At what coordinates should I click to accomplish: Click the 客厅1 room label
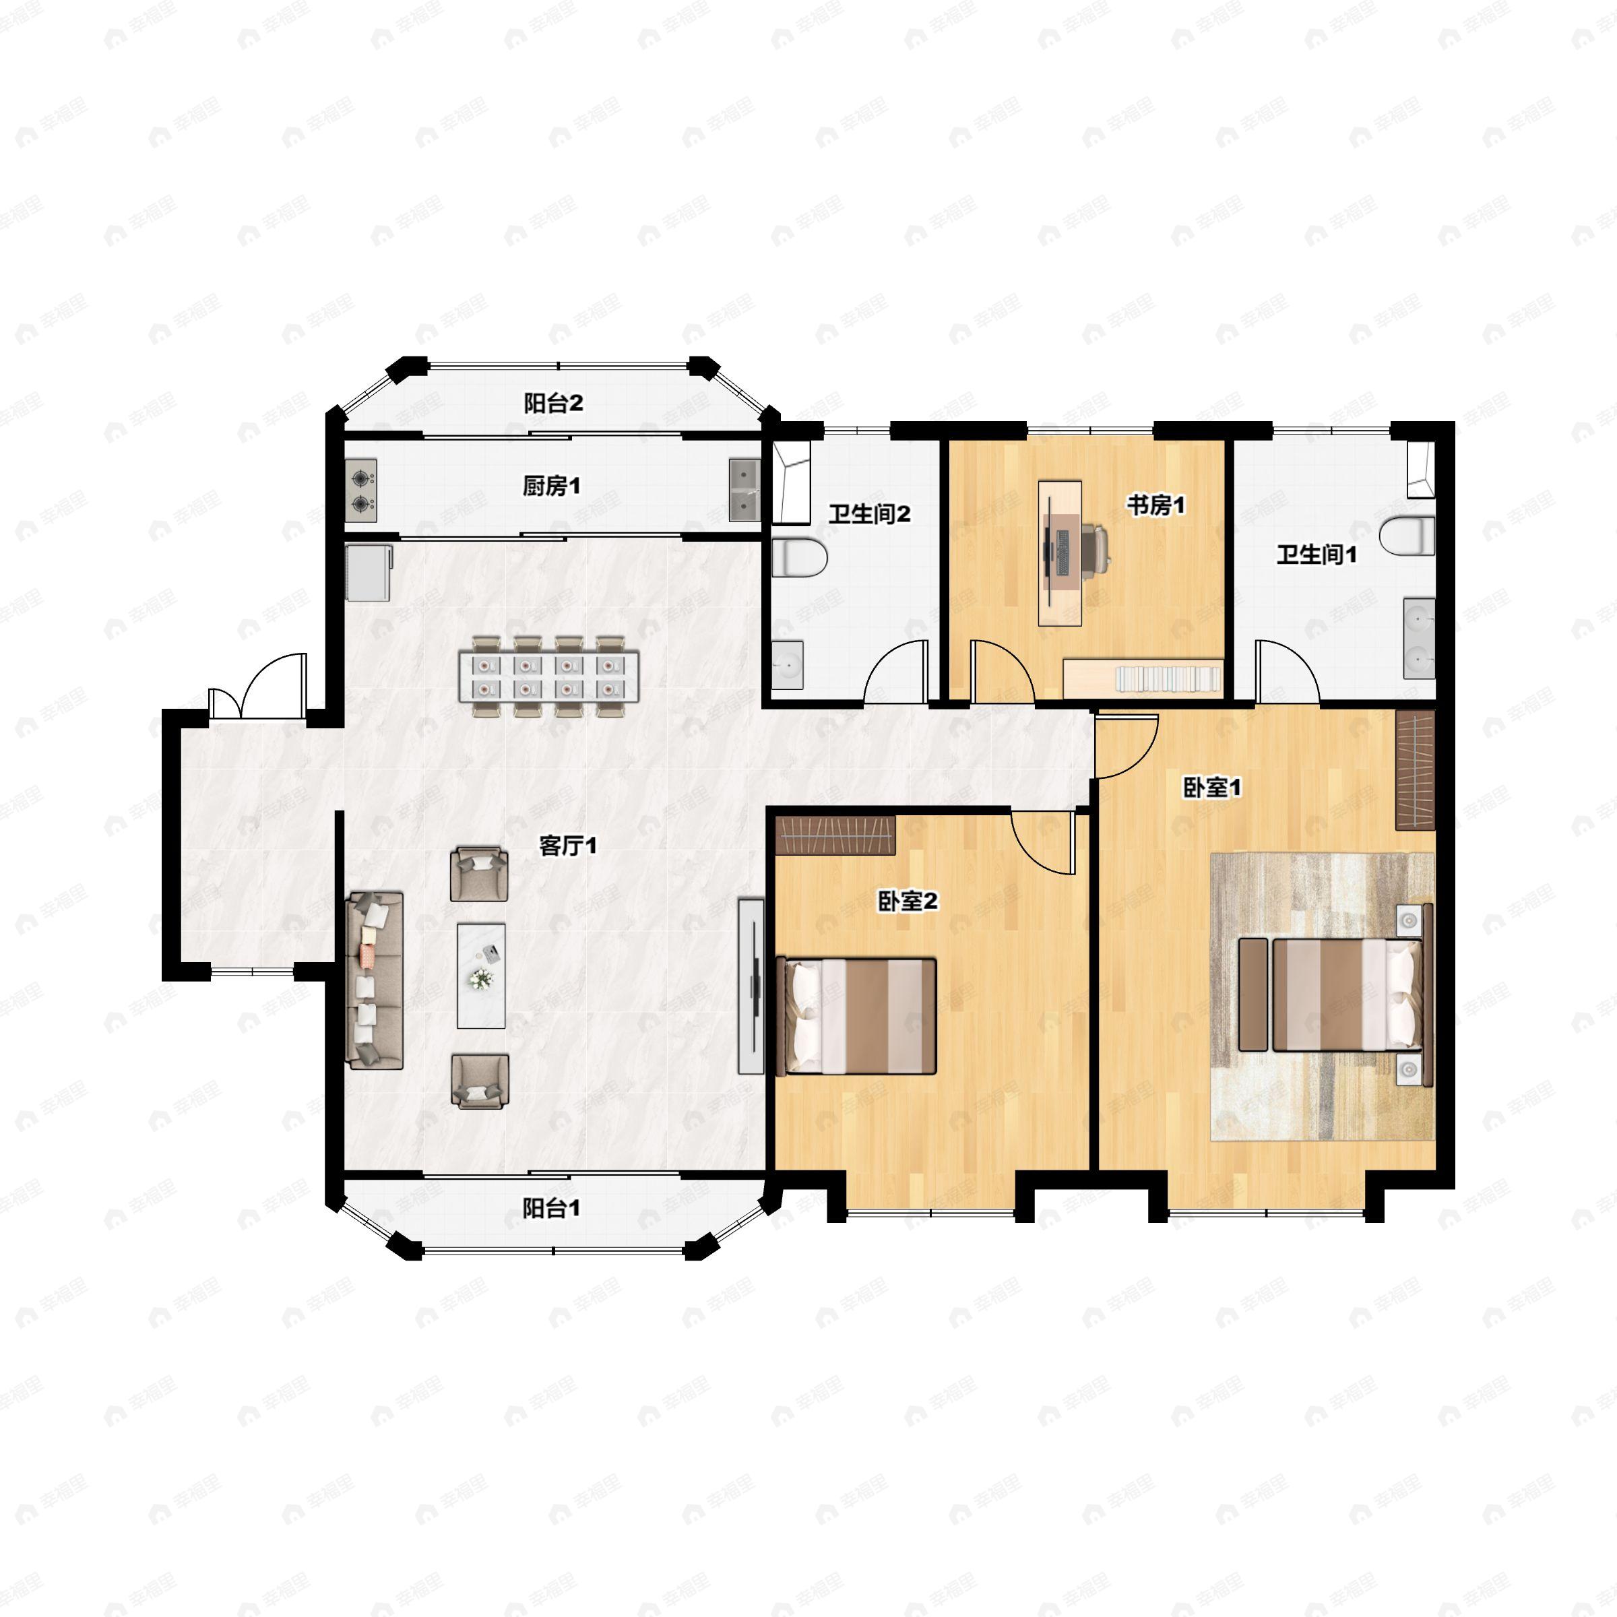(x=567, y=846)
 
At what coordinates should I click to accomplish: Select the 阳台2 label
(x=553, y=404)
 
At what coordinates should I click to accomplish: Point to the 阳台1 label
(x=552, y=1209)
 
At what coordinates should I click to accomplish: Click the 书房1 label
(x=1156, y=505)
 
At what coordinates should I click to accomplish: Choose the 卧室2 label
(x=908, y=901)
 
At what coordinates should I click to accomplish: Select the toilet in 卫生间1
(x=1409, y=536)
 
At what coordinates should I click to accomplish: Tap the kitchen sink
(x=743, y=490)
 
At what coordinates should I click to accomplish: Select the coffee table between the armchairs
(x=481, y=976)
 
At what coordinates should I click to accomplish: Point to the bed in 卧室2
(x=856, y=1017)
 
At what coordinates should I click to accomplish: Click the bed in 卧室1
(x=1347, y=994)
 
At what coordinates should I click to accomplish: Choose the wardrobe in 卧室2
(x=835, y=835)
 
